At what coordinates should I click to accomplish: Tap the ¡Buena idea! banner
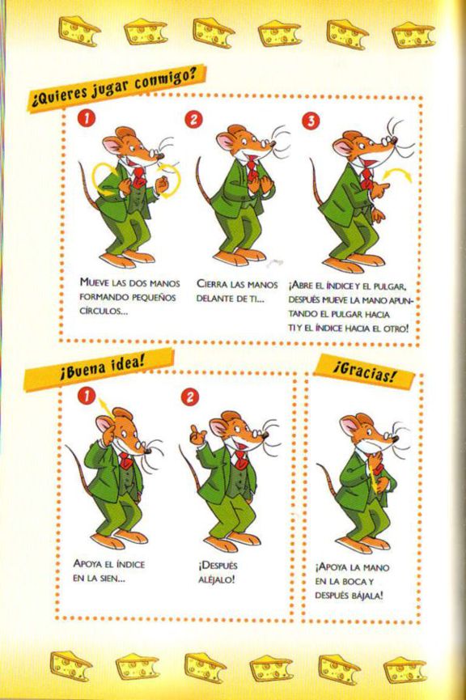[x=99, y=368]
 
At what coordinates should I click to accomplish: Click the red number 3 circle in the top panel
[x=311, y=121]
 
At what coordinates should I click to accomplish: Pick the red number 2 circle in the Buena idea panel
[x=189, y=397]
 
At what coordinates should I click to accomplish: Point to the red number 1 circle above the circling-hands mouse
[x=86, y=118]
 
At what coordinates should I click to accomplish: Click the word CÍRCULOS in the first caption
[x=104, y=312]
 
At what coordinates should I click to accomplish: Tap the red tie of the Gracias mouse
[x=379, y=469]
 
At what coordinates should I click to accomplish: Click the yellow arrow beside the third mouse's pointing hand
[x=399, y=176]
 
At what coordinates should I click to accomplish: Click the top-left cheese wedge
[x=79, y=32]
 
